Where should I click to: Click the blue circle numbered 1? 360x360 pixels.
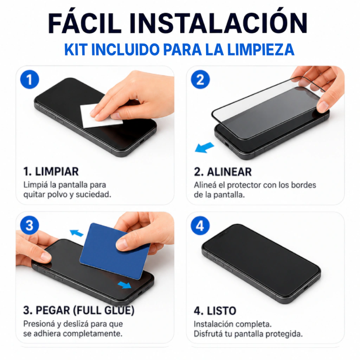pyautogui.click(x=30, y=79)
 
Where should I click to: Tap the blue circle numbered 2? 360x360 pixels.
pyautogui.click(x=200, y=79)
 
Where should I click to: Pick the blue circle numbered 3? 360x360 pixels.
pyautogui.click(x=30, y=225)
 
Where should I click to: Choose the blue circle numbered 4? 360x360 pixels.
pyautogui.click(x=200, y=225)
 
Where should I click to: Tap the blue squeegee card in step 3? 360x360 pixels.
pyautogui.click(x=115, y=251)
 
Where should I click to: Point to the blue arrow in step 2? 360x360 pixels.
pyautogui.click(x=204, y=147)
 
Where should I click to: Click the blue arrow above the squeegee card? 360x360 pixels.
pyautogui.click(x=76, y=233)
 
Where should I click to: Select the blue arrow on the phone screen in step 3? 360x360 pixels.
pyautogui.click(x=124, y=285)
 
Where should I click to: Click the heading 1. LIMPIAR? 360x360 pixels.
pyautogui.click(x=51, y=172)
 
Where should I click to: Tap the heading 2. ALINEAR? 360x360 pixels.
pyautogui.click(x=223, y=172)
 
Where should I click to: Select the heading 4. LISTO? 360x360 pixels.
pyautogui.click(x=215, y=311)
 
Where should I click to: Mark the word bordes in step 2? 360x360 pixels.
pyautogui.click(x=303, y=185)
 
